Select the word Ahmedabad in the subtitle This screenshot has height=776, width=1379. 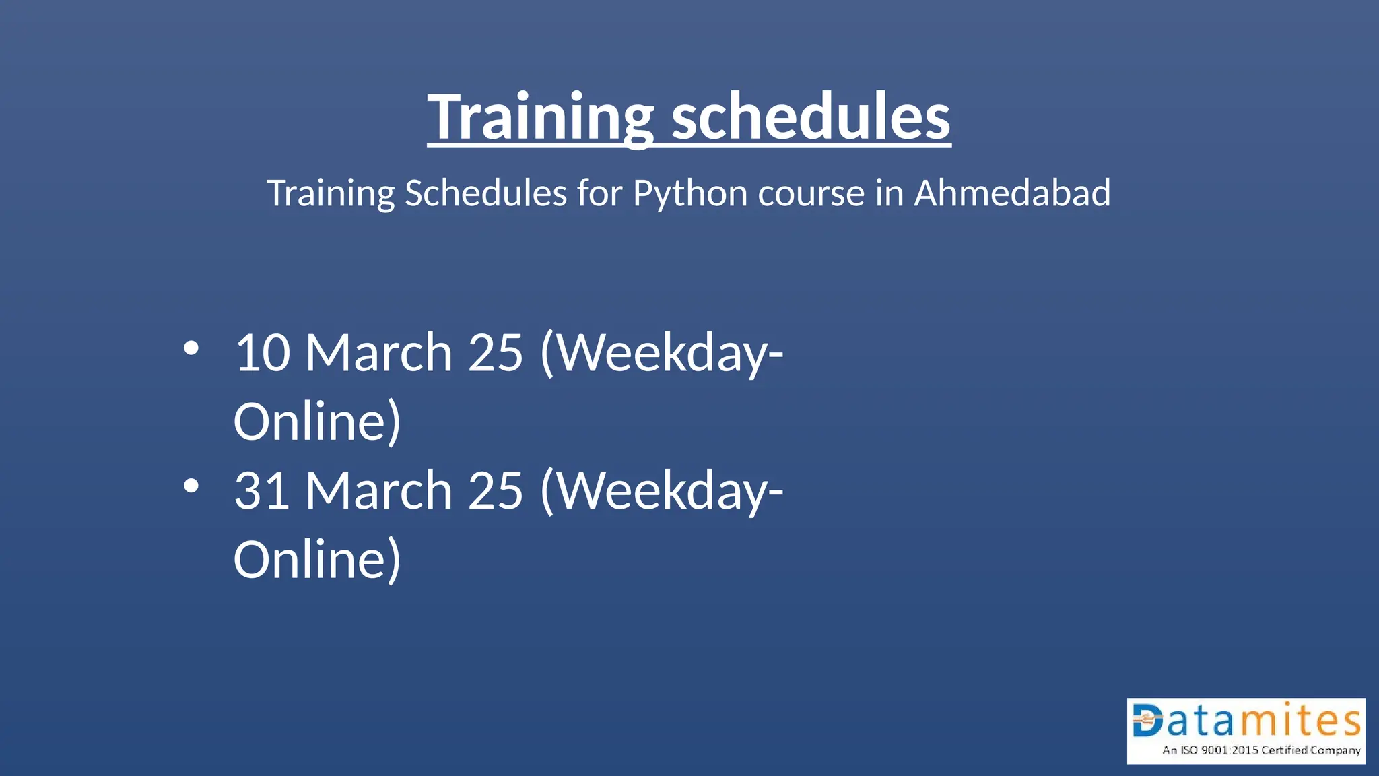pyautogui.click(x=1011, y=193)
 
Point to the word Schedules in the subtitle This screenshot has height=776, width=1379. pyautogui.click(x=485, y=193)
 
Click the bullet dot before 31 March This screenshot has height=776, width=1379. pyautogui.click(x=191, y=486)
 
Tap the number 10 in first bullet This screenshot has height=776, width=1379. pyautogui.click(x=262, y=353)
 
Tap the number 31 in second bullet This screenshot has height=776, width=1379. pyautogui.click(x=262, y=490)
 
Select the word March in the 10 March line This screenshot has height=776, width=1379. pyautogui.click(x=378, y=353)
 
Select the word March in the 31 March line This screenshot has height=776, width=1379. pyautogui.click(x=378, y=490)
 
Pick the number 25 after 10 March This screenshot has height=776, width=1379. pyautogui.click(x=496, y=353)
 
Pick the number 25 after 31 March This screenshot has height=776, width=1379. pyautogui.click(x=496, y=490)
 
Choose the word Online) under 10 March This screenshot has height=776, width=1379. pyautogui.click(x=317, y=422)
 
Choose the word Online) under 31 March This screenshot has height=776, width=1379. pyautogui.click(x=317, y=560)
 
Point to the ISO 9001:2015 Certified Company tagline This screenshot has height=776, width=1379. pyautogui.click(x=1261, y=750)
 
